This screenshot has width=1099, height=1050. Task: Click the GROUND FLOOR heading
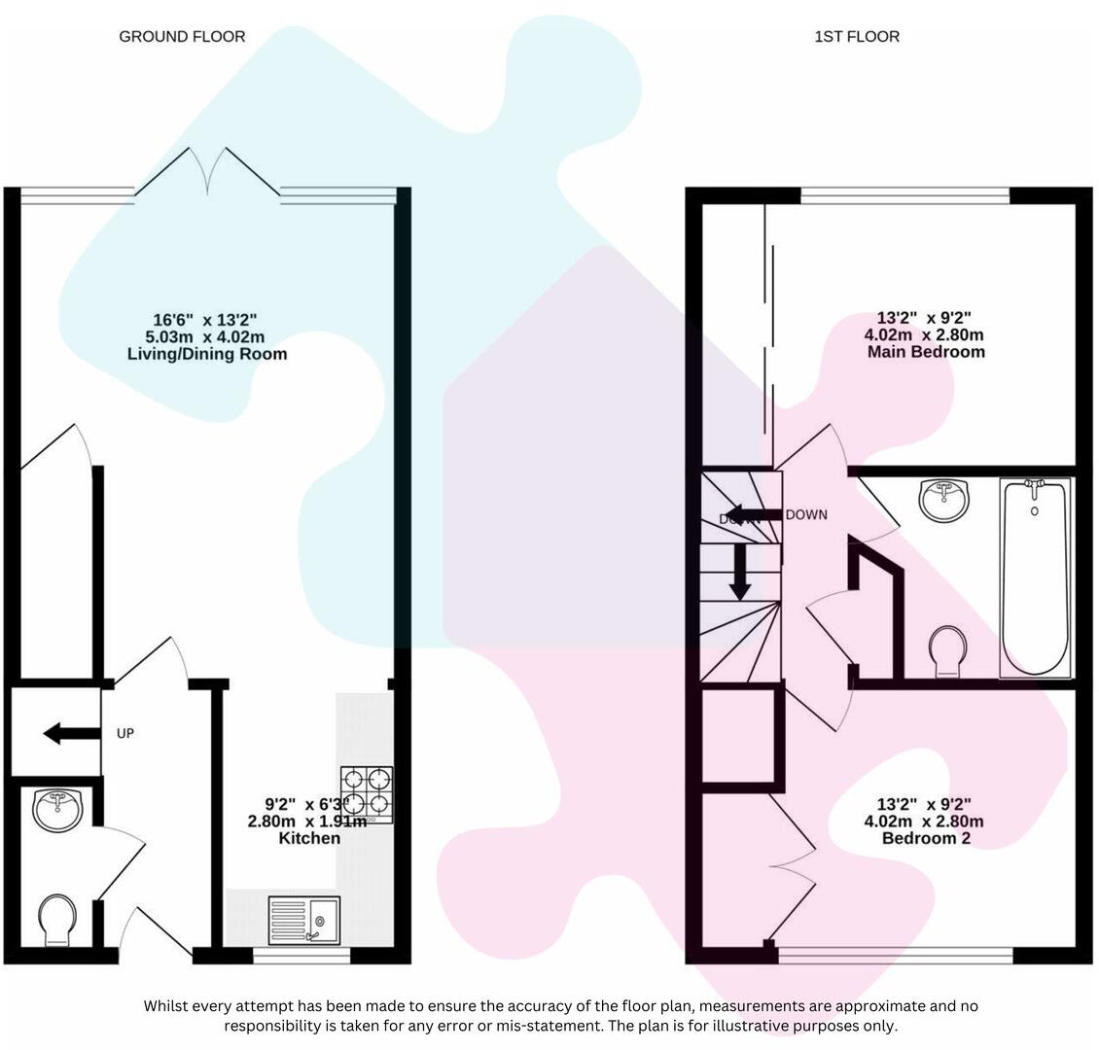[182, 37]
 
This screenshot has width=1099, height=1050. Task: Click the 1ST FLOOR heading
[856, 37]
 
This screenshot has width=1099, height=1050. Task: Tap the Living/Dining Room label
[207, 354]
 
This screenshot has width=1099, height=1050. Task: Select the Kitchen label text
[309, 838]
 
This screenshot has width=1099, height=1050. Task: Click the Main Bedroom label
[925, 352]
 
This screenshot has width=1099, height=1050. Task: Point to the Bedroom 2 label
[925, 838]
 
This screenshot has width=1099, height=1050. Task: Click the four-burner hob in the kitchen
[367, 794]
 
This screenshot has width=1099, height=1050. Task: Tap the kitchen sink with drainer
[304, 920]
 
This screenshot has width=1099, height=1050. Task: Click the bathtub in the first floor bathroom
[1035, 577]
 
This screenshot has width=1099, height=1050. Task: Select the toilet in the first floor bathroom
[948, 650]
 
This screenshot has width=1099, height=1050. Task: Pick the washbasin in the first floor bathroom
[943, 501]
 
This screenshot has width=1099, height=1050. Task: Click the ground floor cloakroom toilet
[57, 918]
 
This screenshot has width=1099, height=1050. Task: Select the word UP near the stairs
[125, 734]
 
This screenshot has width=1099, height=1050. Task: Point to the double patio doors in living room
[207, 171]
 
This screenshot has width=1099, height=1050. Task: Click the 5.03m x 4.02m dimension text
[206, 336]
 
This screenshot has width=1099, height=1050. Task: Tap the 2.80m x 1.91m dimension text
[307, 822]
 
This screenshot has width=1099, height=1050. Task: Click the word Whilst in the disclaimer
[168, 1006]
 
